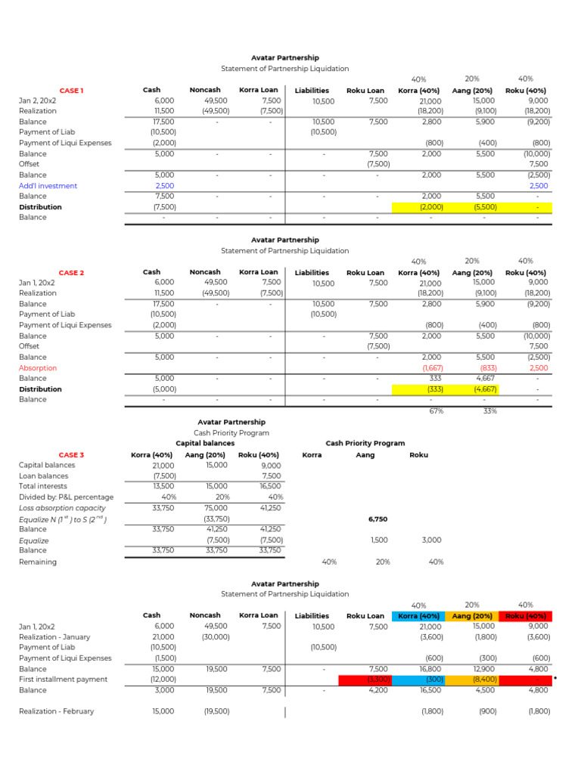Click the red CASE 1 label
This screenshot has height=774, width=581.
(x=71, y=91)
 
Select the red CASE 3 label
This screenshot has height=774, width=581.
(x=71, y=455)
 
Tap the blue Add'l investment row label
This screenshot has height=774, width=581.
(x=48, y=186)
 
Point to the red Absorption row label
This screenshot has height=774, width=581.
(x=38, y=368)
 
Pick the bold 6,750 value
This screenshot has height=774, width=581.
(x=377, y=519)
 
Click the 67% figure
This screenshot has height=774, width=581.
(x=436, y=412)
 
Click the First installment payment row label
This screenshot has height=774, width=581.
(x=63, y=680)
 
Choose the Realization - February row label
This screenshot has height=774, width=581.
(x=57, y=711)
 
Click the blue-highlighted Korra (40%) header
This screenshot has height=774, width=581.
(x=418, y=616)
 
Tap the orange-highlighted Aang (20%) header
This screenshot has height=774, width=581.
(x=472, y=616)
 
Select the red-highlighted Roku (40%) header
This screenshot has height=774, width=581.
(x=526, y=616)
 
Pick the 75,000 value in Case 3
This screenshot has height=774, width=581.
(x=217, y=508)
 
